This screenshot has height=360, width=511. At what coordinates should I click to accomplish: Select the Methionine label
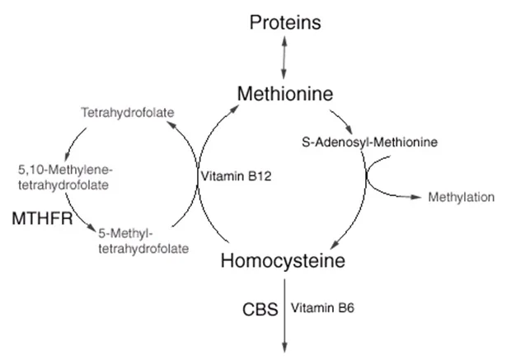coord(284,94)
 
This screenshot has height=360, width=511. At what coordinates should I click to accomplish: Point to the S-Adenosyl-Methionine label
coord(368,142)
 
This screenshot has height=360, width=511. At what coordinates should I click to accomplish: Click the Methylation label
coord(461,198)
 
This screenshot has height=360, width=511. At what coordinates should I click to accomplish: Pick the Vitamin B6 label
coord(321,310)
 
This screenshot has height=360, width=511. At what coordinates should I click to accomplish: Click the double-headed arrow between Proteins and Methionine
coord(284,56)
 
